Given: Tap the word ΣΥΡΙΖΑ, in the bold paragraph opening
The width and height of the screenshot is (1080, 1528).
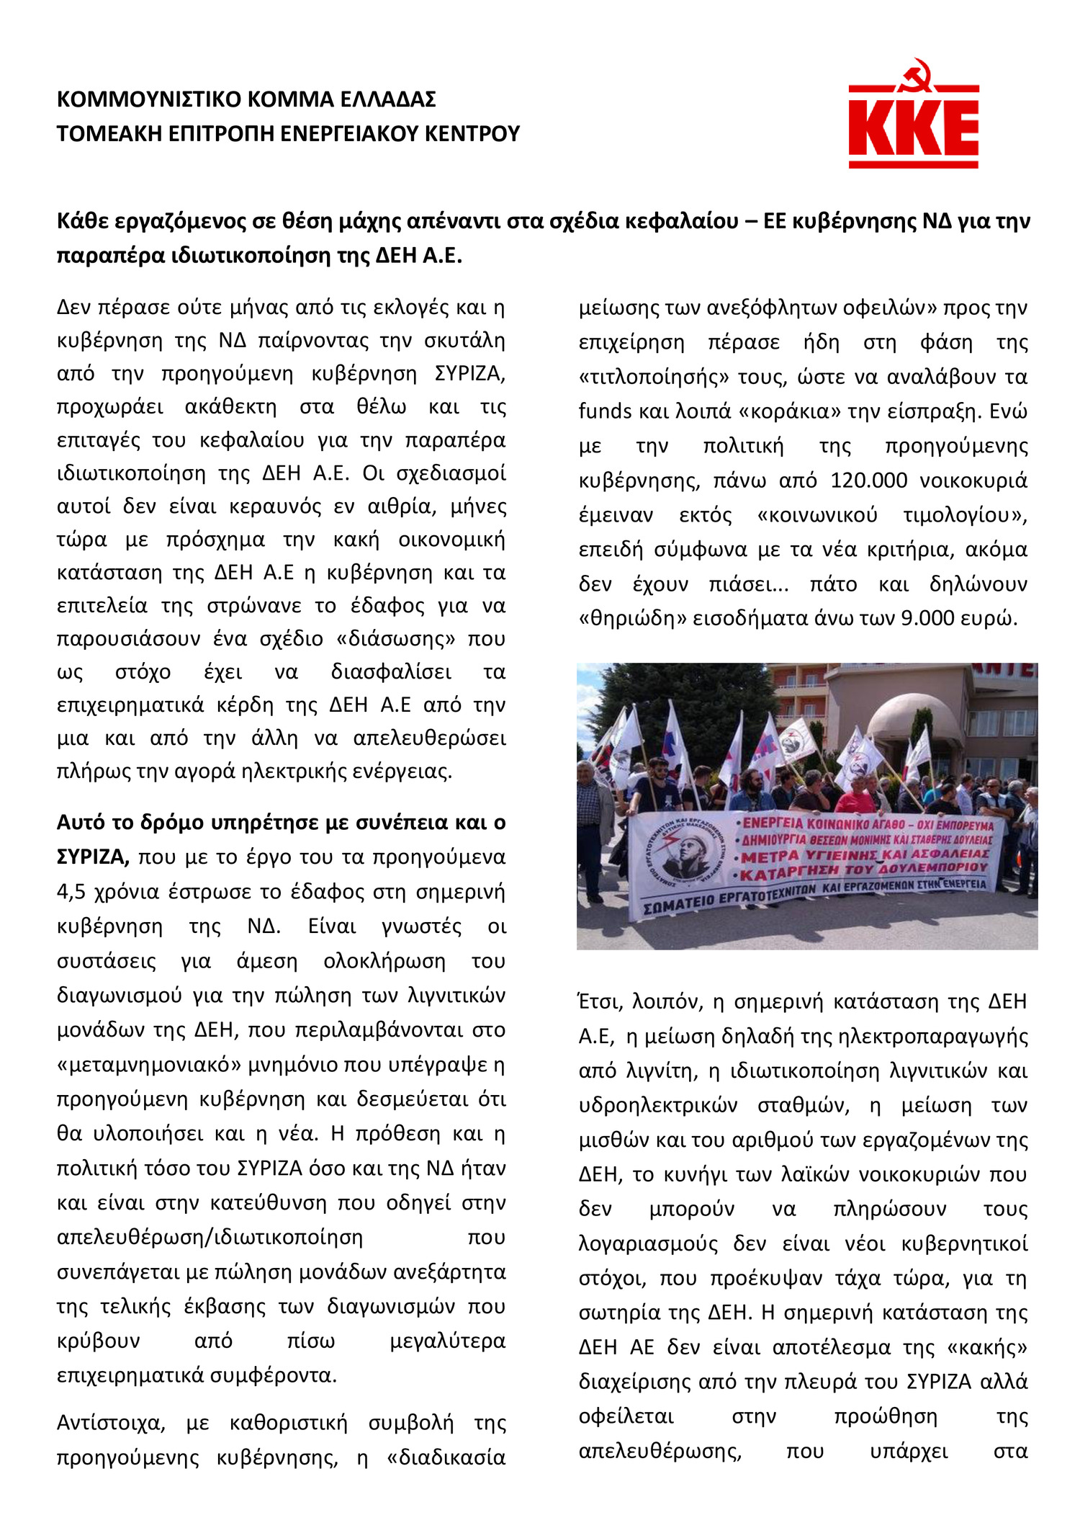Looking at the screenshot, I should pos(93,857).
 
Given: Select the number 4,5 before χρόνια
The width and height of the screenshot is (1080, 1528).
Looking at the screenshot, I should pos(71,892).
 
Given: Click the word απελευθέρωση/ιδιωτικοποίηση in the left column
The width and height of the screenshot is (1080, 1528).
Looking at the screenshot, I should pos(210,1238).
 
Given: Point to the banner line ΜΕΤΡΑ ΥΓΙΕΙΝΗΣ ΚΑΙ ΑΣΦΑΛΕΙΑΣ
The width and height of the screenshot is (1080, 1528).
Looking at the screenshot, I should pos(864,856).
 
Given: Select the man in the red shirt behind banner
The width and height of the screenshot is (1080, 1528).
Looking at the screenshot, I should pos(856,800).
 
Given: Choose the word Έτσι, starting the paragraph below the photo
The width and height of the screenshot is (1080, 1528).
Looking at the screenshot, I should pos(600,1001).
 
